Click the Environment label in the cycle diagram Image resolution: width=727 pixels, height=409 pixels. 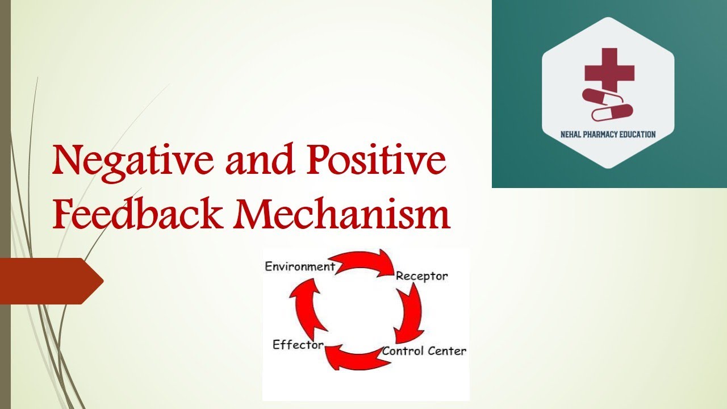[300, 266]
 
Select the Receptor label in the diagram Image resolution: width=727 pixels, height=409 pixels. [421, 276]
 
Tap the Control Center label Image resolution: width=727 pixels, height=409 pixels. [424, 351]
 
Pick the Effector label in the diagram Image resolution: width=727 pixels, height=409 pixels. [298, 345]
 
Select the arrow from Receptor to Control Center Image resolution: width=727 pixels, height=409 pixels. [410, 312]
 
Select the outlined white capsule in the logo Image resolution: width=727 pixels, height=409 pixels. [612, 112]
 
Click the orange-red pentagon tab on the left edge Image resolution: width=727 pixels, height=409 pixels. [48, 281]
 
